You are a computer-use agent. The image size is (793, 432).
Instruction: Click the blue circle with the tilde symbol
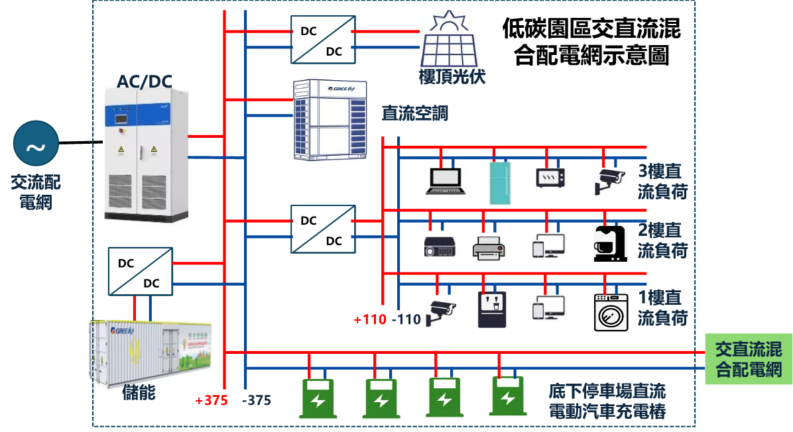pyautogui.click(x=36, y=144)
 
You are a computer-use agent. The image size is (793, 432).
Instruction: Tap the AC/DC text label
pyautogui.click(x=145, y=81)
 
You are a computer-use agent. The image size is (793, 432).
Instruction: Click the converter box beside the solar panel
pyautogui.click(x=323, y=40)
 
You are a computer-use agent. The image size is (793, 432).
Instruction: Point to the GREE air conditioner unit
pyautogui.click(x=330, y=120)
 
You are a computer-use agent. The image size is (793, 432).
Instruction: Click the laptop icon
pyautogui.click(x=446, y=182)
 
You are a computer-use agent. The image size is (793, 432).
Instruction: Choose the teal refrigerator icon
pyautogui.click(x=501, y=183)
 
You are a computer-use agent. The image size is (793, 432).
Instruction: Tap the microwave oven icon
pyautogui.click(x=552, y=179)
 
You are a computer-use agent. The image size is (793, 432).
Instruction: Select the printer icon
pyautogui.click(x=490, y=249)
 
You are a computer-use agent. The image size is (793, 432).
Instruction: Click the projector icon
pyautogui.click(x=440, y=246)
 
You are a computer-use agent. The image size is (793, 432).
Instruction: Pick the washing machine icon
pyautogui.click(x=611, y=313)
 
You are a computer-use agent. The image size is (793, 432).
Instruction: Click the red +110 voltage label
pyautogui.click(x=370, y=320)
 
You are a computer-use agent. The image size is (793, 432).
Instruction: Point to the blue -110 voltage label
pyautogui.click(x=406, y=320)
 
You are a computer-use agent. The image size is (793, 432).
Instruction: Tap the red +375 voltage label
pyautogui.click(x=212, y=401)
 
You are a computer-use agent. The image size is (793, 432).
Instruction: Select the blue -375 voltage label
pyautogui.click(x=257, y=401)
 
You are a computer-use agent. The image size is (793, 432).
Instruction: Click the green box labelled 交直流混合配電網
pyautogui.click(x=748, y=359)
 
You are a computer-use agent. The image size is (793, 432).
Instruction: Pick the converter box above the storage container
pyautogui.click(x=140, y=271)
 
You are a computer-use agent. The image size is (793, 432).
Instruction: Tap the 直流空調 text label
pyautogui.click(x=415, y=113)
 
